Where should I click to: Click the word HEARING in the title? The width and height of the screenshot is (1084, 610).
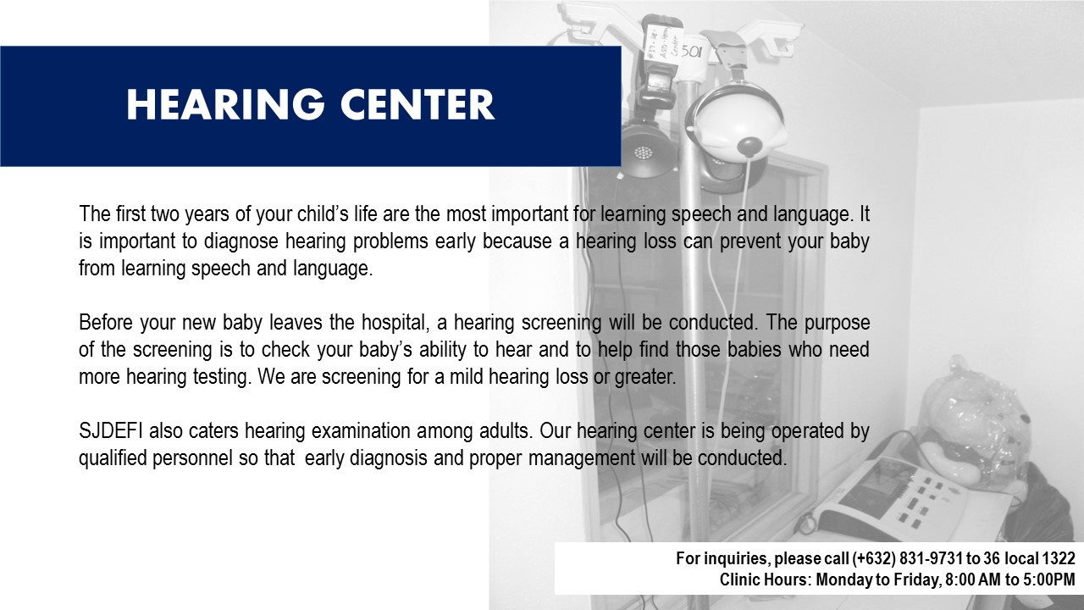225,104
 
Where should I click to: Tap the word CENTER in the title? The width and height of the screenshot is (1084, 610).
418,104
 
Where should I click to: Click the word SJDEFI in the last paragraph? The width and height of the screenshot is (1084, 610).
111,430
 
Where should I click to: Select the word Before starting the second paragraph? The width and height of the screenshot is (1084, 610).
106,322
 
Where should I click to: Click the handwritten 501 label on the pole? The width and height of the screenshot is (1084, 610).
690,52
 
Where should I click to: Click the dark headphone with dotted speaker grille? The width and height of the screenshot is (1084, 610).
644,150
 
